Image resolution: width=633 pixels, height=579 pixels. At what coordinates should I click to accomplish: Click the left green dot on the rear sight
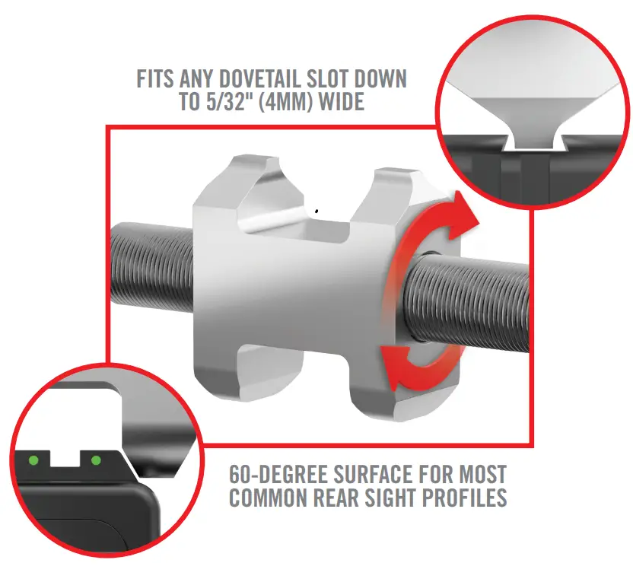(33, 459)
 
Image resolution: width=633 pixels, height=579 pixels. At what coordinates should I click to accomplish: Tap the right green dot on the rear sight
(96, 460)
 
